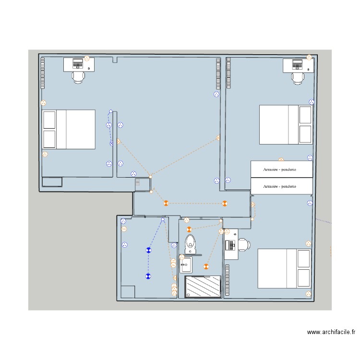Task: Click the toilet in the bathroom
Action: [191, 244]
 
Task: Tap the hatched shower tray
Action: [203, 287]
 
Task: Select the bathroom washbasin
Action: [186, 265]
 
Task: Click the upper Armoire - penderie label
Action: [279, 169]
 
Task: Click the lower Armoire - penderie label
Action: [279, 186]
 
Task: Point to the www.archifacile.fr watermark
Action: [331, 332]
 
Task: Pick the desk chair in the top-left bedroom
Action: [78, 77]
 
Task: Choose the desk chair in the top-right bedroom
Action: [298, 79]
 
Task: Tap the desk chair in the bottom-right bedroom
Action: [244, 245]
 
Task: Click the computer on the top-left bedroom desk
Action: [78, 63]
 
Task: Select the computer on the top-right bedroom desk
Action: [297, 64]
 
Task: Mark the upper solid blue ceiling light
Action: [148, 250]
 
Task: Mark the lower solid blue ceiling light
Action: [148, 276]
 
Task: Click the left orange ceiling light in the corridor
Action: [166, 203]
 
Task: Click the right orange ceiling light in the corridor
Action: [225, 204]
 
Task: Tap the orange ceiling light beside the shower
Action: [206, 266]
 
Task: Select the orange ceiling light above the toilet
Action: [189, 229]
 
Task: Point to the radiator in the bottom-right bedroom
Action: [227, 280]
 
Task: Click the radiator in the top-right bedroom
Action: [228, 73]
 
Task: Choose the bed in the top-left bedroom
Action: [69, 130]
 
